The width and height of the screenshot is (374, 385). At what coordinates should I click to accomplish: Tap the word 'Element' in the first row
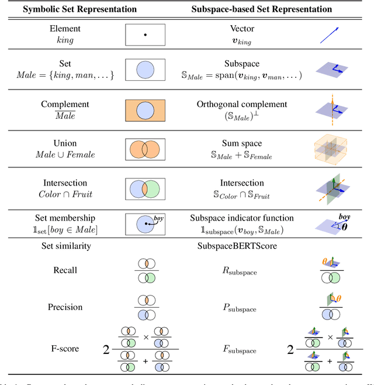coord(65,27)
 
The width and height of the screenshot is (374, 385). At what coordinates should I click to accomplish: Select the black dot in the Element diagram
coord(145,35)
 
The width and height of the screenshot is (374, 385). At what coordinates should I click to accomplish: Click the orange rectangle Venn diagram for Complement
coord(145,111)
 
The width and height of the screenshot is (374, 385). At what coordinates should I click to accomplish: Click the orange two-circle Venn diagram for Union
coord(145,149)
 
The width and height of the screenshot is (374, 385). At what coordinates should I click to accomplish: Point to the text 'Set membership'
coord(65,218)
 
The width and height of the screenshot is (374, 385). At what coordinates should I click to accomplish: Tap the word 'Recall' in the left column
coord(65,271)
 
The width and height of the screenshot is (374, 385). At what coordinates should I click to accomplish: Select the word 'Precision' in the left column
coord(65,307)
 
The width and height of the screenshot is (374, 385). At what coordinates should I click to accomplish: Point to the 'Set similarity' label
coord(65,246)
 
